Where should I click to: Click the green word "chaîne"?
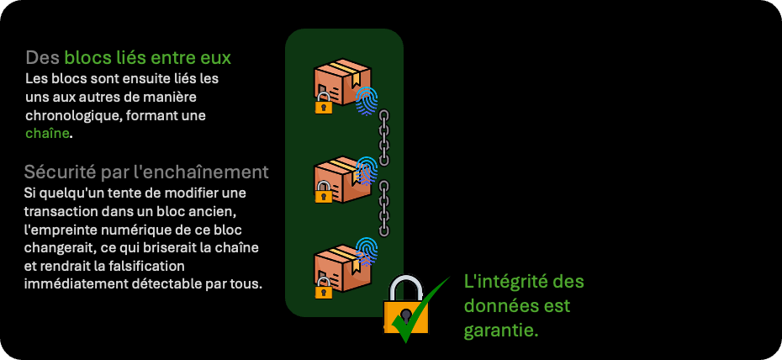(47, 133)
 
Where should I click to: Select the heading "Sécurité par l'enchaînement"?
(146, 172)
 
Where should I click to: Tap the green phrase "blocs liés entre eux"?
(147, 58)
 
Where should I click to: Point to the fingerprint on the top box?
(366, 100)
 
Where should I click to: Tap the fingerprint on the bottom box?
(366, 251)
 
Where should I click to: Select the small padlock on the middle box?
(324, 193)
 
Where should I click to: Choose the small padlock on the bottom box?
(324, 289)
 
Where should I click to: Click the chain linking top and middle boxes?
(384, 136)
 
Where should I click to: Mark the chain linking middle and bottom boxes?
(384, 208)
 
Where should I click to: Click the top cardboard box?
(340, 81)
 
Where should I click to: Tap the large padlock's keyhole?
(405, 316)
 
